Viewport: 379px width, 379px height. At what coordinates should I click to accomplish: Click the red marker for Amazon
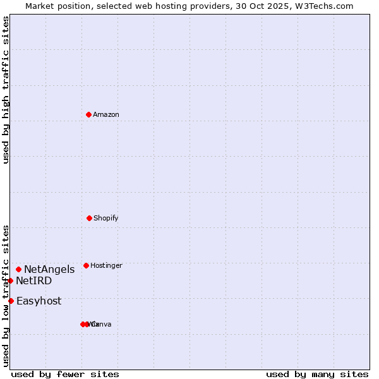click(88, 114)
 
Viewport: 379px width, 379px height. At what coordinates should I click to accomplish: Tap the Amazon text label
click(105, 114)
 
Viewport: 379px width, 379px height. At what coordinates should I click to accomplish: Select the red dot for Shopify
click(89, 218)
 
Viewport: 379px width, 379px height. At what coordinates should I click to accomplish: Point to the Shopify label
click(105, 218)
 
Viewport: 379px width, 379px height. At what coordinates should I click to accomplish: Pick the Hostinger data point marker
click(86, 265)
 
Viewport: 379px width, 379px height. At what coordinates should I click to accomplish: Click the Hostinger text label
click(106, 265)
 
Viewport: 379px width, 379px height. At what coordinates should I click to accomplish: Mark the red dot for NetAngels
click(18, 269)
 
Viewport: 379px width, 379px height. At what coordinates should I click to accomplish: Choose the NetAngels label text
click(49, 269)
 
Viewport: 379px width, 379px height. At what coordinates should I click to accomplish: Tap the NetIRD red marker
click(10, 280)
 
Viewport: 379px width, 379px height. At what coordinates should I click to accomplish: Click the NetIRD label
click(34, 280)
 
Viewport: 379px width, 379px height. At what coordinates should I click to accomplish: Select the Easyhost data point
click(11, 301)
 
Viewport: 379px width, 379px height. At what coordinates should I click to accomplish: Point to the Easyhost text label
click(39, 301)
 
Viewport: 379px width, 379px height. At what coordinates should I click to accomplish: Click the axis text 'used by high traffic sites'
click(6, 90)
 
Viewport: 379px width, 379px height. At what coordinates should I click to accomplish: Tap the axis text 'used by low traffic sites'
click(6, 295)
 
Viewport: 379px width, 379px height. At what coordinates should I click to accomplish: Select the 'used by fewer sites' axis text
click(65, 374)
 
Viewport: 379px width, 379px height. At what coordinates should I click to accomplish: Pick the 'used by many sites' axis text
click(317, 374)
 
